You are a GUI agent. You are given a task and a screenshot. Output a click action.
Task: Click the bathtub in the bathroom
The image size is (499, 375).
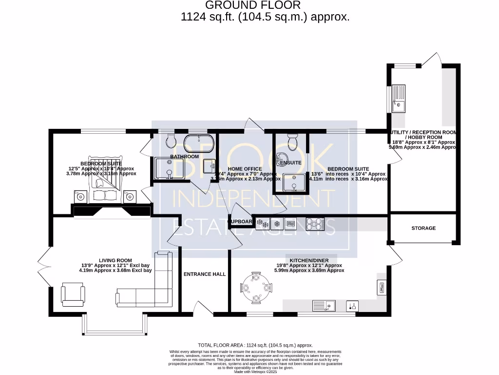click(199, 144)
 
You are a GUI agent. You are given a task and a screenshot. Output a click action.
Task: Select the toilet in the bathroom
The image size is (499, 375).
click(171, 142)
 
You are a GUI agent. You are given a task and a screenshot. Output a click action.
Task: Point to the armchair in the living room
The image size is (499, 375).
click(73, 295)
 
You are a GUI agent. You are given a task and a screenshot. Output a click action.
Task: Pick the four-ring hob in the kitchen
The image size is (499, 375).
click(314, 224)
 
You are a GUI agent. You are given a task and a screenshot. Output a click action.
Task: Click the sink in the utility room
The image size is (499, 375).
click(399, 99)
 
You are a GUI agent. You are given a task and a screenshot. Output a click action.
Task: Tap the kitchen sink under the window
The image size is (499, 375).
click(325, 306)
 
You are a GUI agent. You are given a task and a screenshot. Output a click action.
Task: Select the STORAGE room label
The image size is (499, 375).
click(423, 228)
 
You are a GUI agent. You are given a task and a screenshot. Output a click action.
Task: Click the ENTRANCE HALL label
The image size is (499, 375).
click(205, 274)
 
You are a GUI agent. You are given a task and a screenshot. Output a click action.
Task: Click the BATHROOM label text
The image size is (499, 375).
click(184, 157)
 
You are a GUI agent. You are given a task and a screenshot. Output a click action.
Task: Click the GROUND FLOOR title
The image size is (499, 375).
click(253, 5)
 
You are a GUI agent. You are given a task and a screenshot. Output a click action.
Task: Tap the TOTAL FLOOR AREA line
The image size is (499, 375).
click(255, 345)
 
